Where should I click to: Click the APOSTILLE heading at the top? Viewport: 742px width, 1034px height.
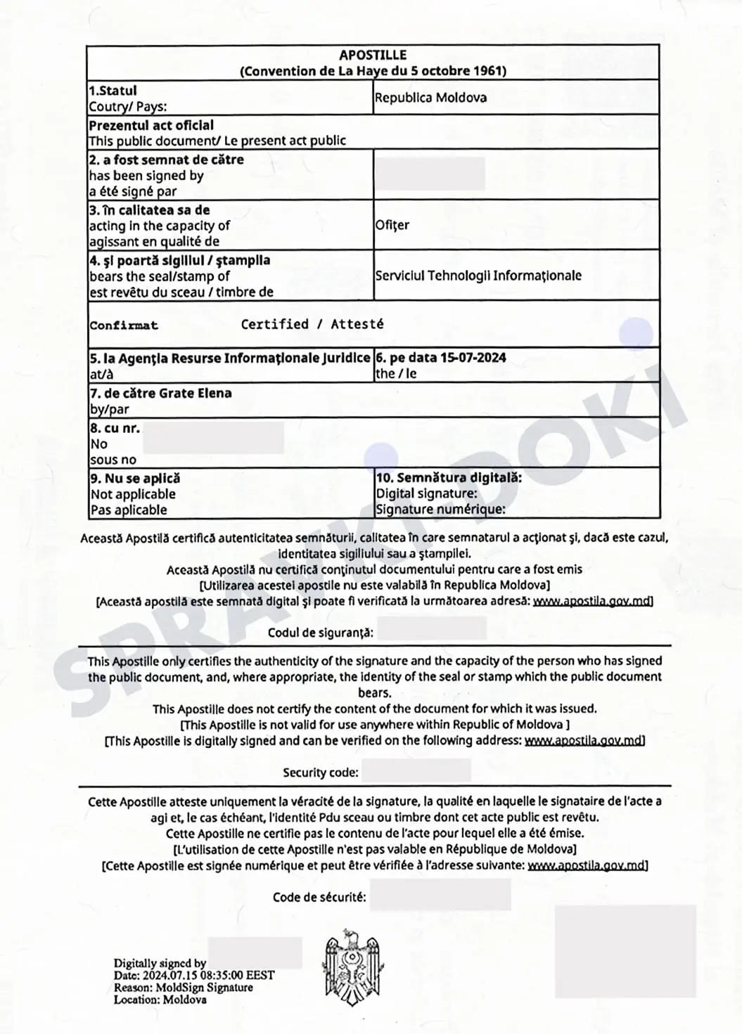coord(373,55)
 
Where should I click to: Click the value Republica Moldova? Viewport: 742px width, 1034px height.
coord(430,98)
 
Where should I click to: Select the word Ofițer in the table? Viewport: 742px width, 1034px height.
coord(392,225)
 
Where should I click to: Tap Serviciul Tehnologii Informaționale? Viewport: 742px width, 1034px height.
coord(478,276)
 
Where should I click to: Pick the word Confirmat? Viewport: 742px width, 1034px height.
coord(124,325)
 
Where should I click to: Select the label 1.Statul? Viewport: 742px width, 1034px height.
coord(113,91)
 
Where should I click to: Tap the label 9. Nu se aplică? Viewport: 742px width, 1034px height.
coord(135,478)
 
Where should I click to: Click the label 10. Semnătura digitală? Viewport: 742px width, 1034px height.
coord(449,478)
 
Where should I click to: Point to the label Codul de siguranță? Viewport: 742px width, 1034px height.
coord(320,633)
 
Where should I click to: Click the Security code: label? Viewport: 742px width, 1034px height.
coord(321,773)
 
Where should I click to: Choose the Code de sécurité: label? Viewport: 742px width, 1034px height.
coord(319,897)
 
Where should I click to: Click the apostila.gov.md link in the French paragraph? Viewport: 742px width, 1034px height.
coord(587,865)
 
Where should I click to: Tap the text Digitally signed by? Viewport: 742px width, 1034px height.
coord(160,963)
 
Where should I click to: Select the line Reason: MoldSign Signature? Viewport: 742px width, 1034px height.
coord(183,987)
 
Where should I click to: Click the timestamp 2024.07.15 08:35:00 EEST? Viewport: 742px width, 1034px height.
coord(208,975)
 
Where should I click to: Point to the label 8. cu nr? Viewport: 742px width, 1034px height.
coord(115,428)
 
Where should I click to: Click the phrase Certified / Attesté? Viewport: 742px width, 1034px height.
coord(312,324)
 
